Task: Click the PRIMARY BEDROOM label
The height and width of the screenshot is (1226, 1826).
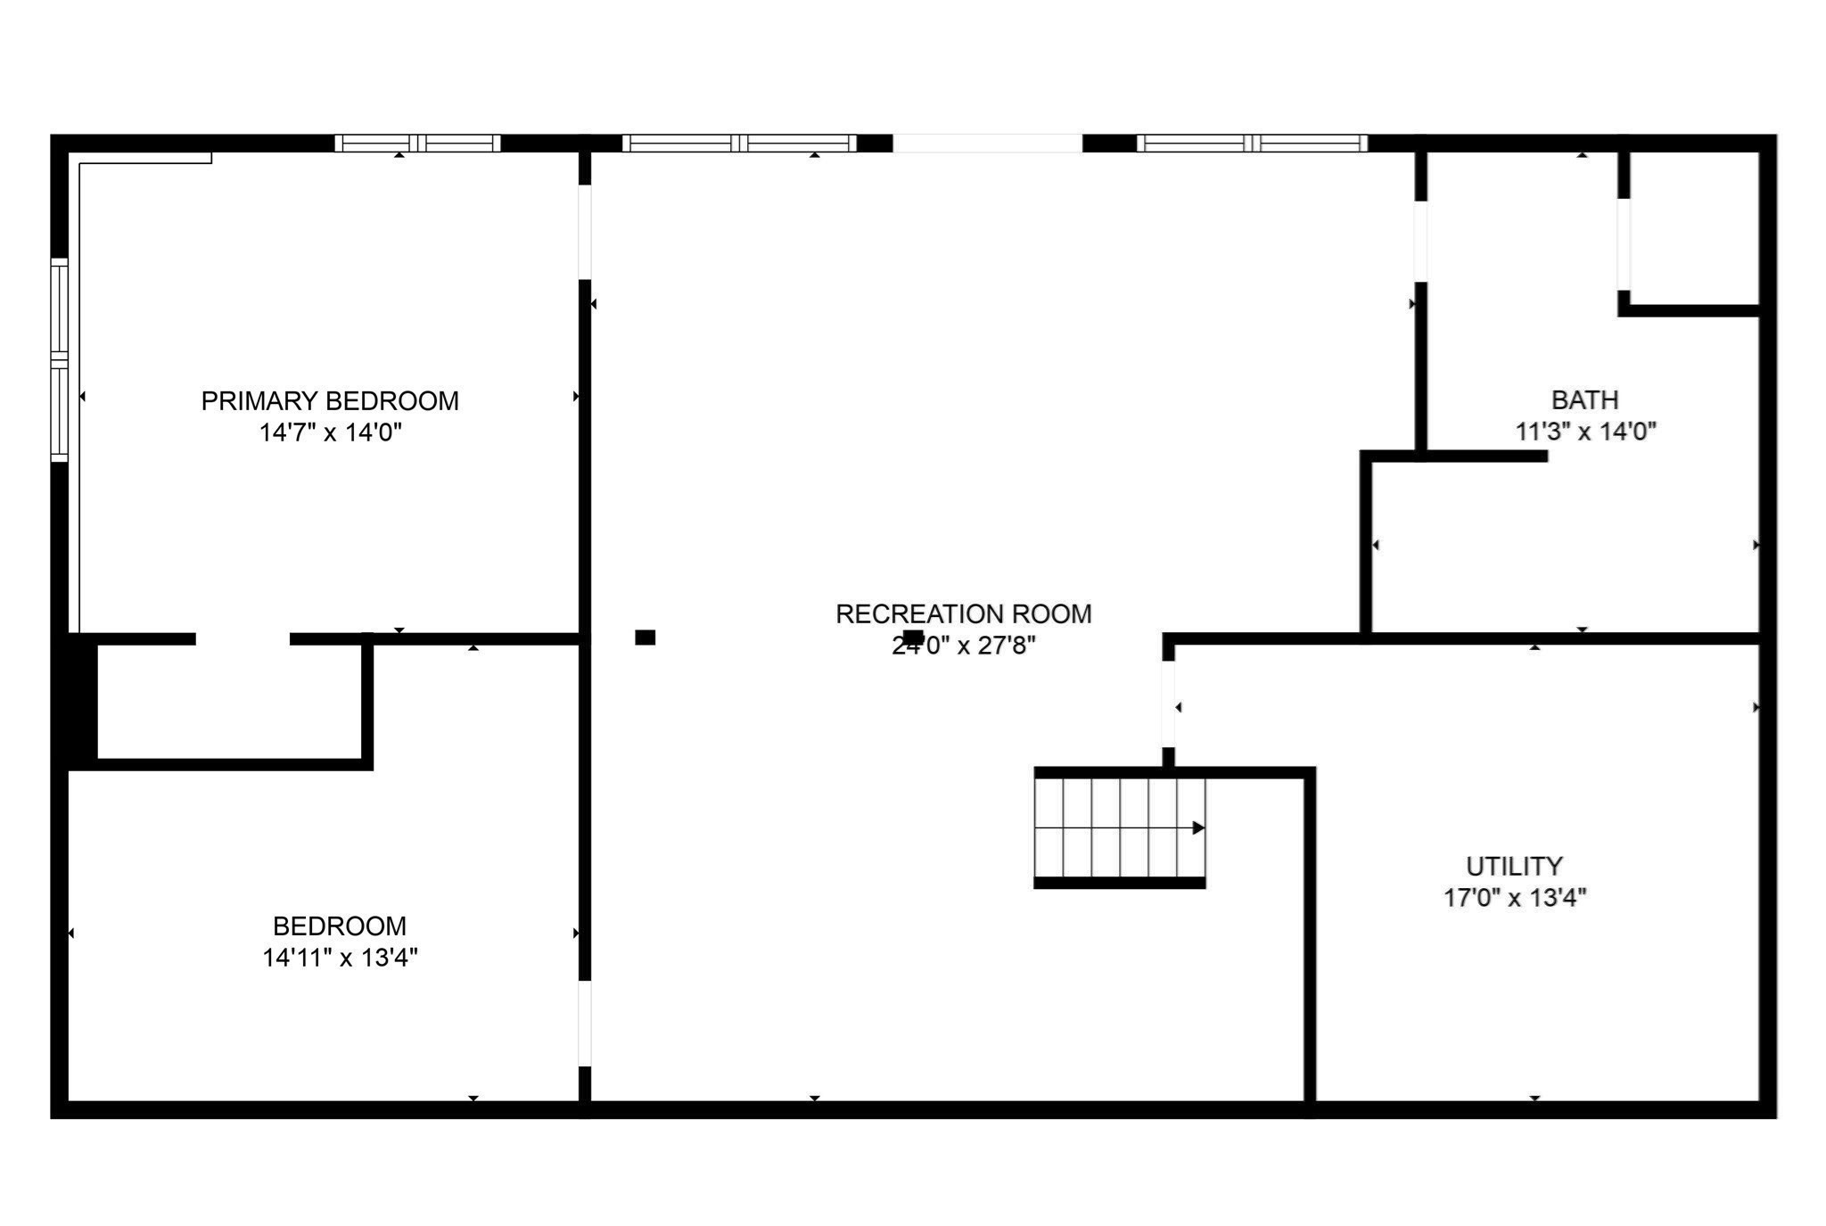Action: pos(330,401)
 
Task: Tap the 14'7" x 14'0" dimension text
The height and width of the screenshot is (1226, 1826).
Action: pos(330,433)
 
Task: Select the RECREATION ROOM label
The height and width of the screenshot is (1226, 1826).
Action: pos(963,614)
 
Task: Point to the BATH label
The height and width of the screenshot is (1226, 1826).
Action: pos(1584,399)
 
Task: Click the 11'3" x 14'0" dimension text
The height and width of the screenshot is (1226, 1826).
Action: pos(1585,432)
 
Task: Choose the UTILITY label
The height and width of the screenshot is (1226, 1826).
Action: pos(1514,866)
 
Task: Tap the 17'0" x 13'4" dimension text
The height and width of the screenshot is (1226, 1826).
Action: pos(1515,897)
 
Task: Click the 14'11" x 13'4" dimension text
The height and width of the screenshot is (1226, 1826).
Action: pos(340,958)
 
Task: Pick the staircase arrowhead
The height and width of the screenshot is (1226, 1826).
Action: pos(1198,828)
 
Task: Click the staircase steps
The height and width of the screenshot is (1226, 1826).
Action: pos(1119,828)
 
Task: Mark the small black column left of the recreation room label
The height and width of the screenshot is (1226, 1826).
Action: pos(645,638)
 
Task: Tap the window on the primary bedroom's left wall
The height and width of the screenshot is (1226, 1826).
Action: pos(60,359)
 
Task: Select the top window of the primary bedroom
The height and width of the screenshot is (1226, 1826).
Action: pos(417,144)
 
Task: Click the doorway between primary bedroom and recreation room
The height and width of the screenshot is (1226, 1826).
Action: pos(585,232)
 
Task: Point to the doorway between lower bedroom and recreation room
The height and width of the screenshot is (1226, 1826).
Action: pos(585,1024)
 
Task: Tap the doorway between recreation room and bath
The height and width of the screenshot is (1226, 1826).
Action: pos(1420,242)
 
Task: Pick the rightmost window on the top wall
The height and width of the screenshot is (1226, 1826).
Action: pos(1252,144)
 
